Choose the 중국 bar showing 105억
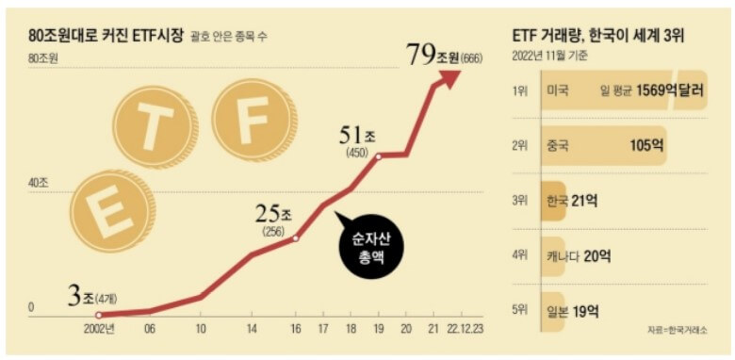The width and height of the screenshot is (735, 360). [x=604, y=146]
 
